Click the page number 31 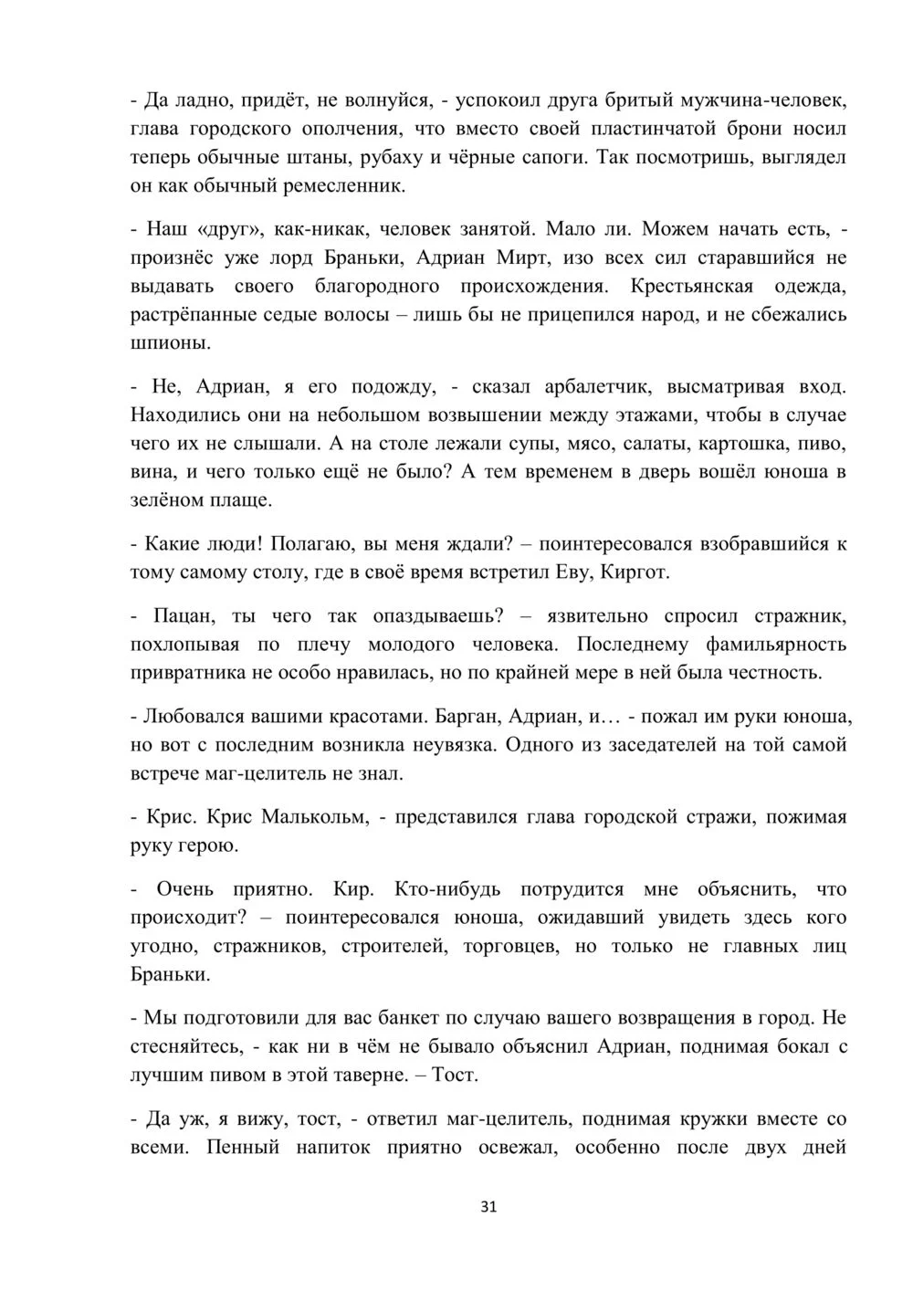pos(488,1207)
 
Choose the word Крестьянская pos(692,287)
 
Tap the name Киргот pos(635,572)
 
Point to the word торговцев pos(510,946)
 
